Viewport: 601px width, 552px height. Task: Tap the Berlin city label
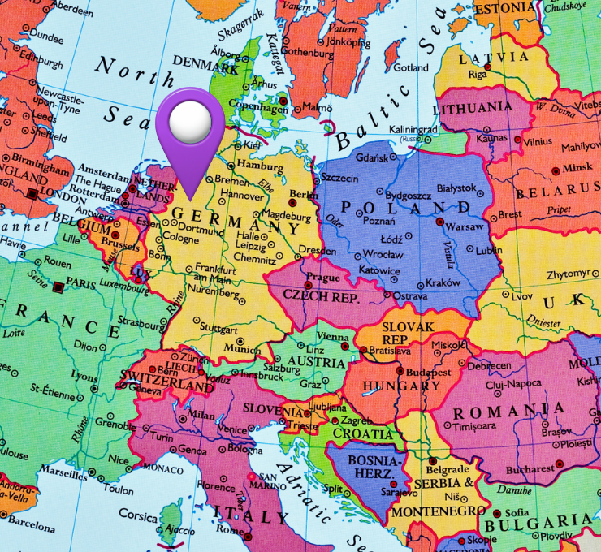coord(302,195)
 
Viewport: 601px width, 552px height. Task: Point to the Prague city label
coord(323,277)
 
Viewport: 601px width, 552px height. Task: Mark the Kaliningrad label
coord(413,129)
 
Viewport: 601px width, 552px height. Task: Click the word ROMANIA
coord(510,410)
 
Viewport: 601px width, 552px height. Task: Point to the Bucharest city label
coord(529,468)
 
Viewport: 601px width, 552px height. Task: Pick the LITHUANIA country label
coord(473,107)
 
